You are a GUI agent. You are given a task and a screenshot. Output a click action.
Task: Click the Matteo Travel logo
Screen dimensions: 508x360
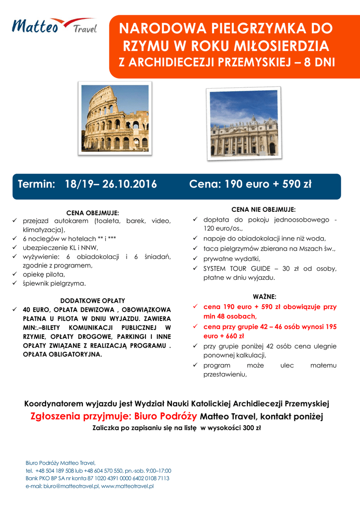[55, 26]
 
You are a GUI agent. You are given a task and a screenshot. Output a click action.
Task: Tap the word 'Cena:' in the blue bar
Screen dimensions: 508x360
[206, 185]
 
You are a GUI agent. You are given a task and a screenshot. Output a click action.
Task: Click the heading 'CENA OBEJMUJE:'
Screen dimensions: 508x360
[93, 213]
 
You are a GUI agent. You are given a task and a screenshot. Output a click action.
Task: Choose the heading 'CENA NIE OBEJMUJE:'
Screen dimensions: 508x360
[263, 209]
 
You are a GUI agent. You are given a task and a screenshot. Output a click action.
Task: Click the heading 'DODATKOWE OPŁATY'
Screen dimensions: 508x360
[93, 301]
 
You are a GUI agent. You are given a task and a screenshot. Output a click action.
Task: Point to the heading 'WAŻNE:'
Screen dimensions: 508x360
[264, 296]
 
